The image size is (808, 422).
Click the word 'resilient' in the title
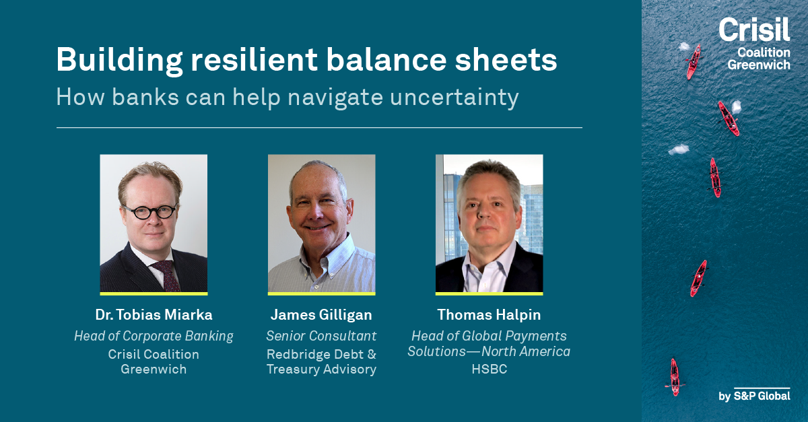click(x=254, y=59)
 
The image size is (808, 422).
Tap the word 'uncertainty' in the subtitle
click(x=454, y=98)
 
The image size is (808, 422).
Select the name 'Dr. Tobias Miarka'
click(x=154, y=315)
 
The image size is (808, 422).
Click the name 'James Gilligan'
click(x=321, y=315)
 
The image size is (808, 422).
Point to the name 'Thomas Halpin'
click(x=489, y=315)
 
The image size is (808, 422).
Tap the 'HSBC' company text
click(x=490, y=369)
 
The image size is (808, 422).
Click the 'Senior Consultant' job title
click(x=321, y=336)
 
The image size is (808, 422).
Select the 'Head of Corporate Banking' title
click(x=154, y=336)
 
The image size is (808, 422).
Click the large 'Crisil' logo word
click(x=754, y=30)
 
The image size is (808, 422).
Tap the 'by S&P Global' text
click(x=754, y=396)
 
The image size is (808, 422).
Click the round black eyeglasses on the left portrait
click(x=149, y=212)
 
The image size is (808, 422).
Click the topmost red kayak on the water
click(x=694, y=62)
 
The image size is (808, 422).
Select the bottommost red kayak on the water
click(x=675, y=377)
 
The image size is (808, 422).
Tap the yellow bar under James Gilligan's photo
click(x=321, y=293)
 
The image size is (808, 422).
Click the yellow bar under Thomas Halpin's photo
click(x=489, y=293)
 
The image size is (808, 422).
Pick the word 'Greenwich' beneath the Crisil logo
click(x=759, y=65)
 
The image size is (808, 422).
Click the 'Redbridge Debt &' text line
click(x=321, y=354)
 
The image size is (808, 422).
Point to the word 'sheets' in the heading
click(x=506, y=59)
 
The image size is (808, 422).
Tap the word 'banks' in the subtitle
click(x=145, y=97)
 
